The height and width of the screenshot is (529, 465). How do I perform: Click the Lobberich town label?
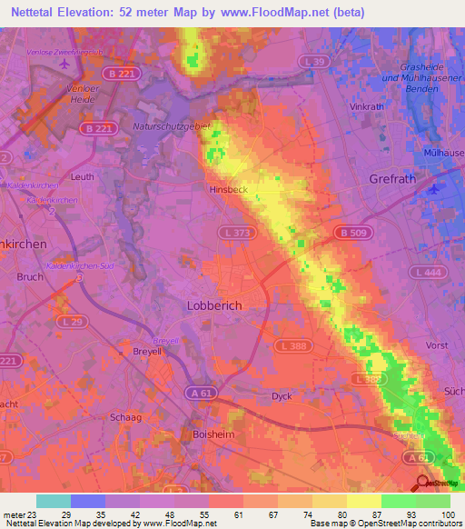pyautogui.click(x=214, y=306)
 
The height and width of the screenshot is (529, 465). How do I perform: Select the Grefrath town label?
pyautogui.click(x=392, y=179)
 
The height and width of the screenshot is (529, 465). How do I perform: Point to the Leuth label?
pyautogui.click(x=82, y=177)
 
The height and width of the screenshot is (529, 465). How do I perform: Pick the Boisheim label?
pyautogui.click(x=214, y=434)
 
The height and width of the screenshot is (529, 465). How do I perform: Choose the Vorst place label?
pyautogui.click(x=437, y=345)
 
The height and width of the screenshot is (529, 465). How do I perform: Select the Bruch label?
pyautogui.click(x=30, y=277)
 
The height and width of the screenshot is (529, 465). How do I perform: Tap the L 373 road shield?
pyautogui.click(x=233, y=235)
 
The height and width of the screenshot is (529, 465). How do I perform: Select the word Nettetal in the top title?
pyautogui.click(x=36, y=11)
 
